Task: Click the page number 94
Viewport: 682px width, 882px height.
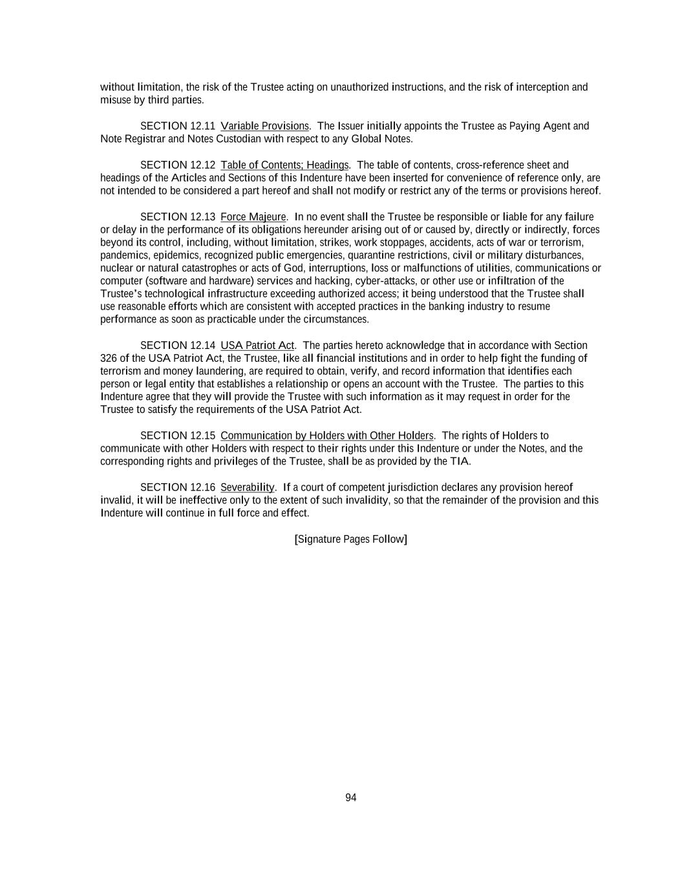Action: tap(350, 797)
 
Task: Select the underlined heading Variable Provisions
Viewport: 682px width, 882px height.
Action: tap(264, 126)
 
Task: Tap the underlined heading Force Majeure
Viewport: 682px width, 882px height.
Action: tap(253, 216)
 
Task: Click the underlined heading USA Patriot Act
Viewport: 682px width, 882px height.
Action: tap(257, 346)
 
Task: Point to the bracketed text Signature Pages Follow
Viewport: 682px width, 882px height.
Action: tap(350, 539)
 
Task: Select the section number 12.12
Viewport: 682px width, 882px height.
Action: tap(203, 165)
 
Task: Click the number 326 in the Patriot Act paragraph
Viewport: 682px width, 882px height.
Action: tap(109, 359)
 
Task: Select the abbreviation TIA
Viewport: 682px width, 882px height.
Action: tap(460, 461)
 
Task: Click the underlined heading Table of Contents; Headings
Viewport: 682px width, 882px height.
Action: tap(284, 165)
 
